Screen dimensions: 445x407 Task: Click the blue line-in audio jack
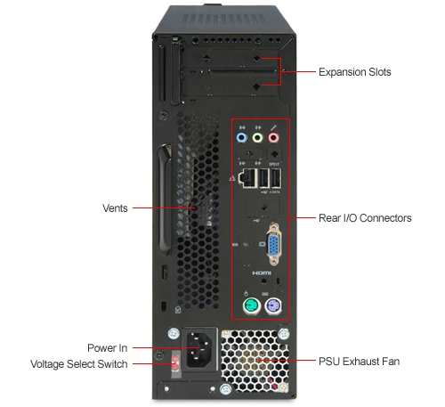point(242,138)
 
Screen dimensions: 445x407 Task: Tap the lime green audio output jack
point(257,138)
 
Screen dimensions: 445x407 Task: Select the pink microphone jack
point(273,138)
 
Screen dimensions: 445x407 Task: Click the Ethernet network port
point(248,178)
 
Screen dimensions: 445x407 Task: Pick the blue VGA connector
point(274,244)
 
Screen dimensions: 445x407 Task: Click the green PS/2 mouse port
point(252,306)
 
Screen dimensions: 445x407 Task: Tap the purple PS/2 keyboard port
point(273,306)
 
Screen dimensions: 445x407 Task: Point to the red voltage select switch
point(175,363)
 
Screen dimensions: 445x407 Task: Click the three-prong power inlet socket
point(199,349)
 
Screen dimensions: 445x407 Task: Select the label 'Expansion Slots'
point(355,72)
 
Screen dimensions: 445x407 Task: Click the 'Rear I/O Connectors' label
point(365,218)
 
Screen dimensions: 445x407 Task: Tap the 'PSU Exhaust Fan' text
point(359,362)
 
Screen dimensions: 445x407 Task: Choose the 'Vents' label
point(115,208)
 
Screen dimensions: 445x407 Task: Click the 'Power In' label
point(108,348)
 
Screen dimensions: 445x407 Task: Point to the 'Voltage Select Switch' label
point(79,364)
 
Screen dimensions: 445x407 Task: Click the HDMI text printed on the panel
point(262,273)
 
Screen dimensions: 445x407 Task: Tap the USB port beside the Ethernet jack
point(263,178)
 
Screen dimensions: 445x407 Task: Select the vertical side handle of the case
point(165,199)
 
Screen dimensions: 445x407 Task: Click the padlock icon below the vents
point(178,310)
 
